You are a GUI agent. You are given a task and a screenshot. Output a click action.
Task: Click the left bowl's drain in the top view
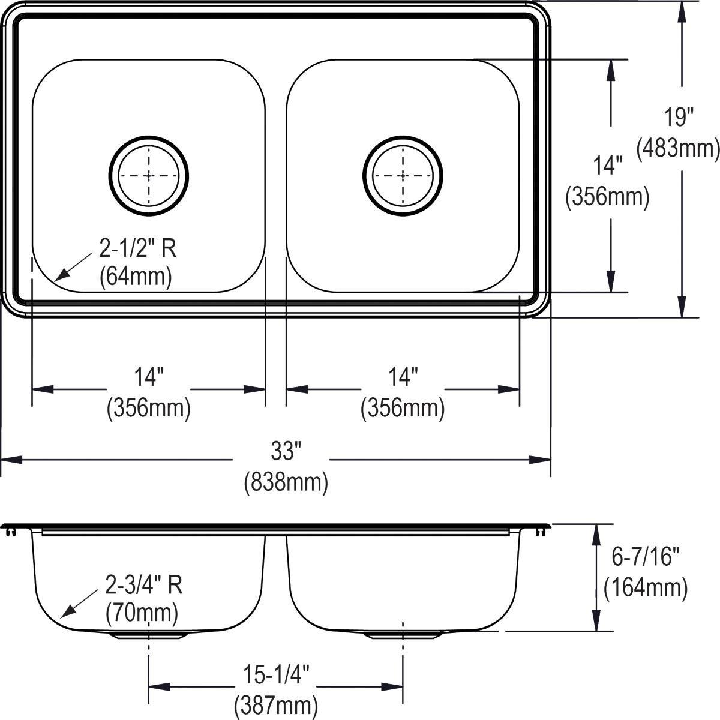tap(149, 175)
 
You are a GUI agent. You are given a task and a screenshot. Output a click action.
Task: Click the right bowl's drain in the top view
tap(403, 175)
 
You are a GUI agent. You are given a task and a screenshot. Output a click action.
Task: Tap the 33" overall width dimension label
tap(286, 451)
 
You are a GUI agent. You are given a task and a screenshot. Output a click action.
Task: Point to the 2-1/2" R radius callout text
tap(138, 248)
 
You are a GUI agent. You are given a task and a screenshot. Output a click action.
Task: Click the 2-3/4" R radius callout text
tap(144, 585)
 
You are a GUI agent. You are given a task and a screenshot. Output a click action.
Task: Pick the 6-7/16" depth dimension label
tap(645, 558)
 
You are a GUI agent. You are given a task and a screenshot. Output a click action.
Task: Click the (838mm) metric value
tap(286, 482)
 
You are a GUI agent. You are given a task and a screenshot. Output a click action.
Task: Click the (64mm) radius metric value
tap(136, 276)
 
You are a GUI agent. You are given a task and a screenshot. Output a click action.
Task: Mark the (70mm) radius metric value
tap(142, 613)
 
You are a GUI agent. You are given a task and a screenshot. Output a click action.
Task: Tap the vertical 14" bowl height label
tap(607, 166)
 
